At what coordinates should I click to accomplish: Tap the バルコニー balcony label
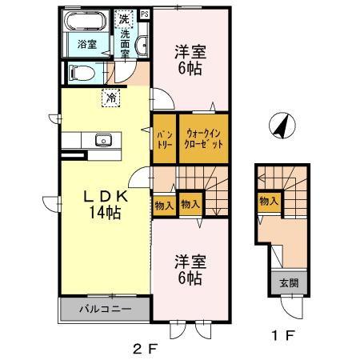(103, 308)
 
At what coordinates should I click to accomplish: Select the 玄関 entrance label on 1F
(286, 282)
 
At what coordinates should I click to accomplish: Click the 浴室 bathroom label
(87, 45)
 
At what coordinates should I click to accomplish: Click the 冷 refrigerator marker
(109, 98)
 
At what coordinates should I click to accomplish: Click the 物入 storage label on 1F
(268, 202)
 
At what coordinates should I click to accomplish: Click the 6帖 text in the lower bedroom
(190, 280)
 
